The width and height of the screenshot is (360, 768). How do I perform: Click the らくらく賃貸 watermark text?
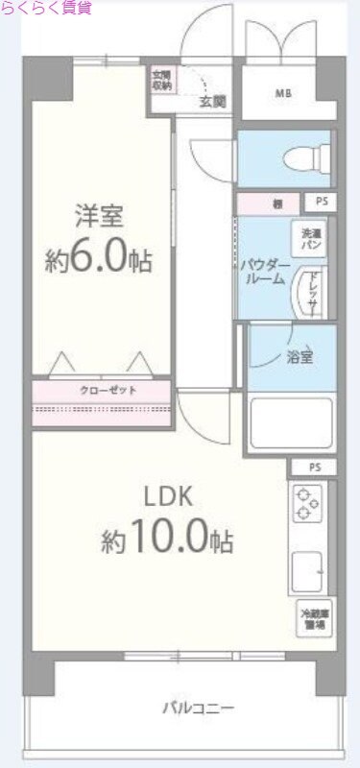[x=46, y=8]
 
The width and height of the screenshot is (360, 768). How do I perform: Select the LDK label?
[x=169, y=497]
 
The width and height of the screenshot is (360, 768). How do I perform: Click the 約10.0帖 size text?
[x=167, y=540]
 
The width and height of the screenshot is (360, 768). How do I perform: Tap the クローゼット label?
[x=102, y=391]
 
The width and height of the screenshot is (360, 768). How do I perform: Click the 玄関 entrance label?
[x=212, y=100]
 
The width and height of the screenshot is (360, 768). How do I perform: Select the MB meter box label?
[x=283, y=93]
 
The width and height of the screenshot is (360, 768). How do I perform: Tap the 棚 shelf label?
[x=276, y=203]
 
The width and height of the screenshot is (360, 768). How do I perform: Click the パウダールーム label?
[x=261, y=270]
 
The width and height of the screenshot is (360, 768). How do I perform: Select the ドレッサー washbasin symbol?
[x=310, y=292]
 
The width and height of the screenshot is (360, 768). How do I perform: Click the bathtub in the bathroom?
[x=290, y=422]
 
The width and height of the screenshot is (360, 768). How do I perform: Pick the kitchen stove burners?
[x=308, y=505]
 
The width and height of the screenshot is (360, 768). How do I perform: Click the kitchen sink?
[x=308, y=573]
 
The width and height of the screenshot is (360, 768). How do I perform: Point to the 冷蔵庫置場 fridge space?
[x=310, y=619]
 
